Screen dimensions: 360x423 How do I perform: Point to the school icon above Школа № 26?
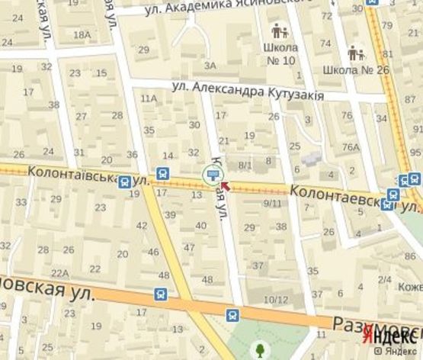pyautogui.click(x=355, y=53)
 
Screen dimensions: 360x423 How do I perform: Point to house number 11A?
pyautogui.click(x=149, y=98)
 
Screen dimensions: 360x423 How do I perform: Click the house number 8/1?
pyautogui.click(x=245, y=165)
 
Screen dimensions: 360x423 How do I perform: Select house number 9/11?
pyautogui.click(x=272, y=203)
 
